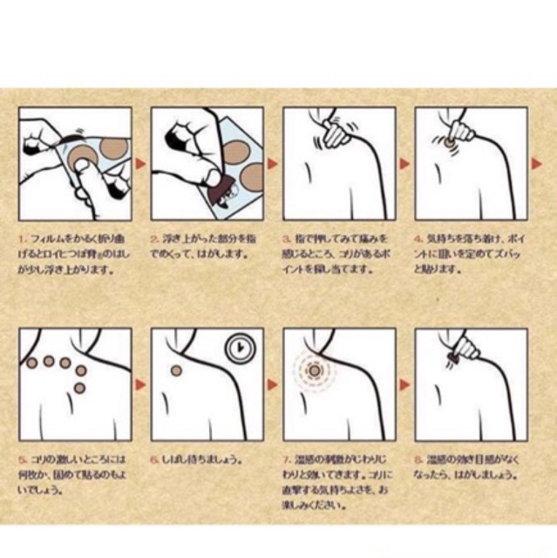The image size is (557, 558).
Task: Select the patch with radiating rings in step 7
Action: [316, 369]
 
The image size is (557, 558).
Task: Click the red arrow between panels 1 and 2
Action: [139, 163]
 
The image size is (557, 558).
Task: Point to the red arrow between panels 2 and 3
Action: [271, 163]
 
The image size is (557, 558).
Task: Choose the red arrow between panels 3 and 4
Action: [404, 163]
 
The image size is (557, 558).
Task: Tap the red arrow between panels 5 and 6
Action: [139, 384]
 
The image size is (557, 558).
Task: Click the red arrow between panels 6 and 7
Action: [271, 384]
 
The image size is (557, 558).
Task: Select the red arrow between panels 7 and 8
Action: [404, 384]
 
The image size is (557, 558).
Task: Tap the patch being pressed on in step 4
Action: [448, 140]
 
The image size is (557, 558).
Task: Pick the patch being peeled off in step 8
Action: [453, 357]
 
